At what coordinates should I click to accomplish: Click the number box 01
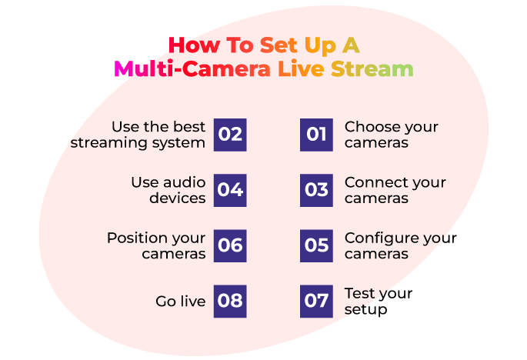(x=316, y=135)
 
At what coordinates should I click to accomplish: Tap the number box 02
(x=230, y=135)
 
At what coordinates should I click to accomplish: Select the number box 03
(x=316, y=190)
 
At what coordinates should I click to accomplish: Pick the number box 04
(x=230, y=190)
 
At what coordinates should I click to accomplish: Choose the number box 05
(x=316, y=245)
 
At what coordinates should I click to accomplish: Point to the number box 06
(x=230, y=245)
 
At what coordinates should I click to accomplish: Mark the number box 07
(x=316, y=302)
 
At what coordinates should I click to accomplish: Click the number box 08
(x=230, y=302)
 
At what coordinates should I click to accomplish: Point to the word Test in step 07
(x=359, y=293)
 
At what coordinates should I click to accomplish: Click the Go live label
(x=181, y=302)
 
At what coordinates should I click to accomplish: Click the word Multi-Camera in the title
(x=192, y=68)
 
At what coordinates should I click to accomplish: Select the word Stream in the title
(x=372, y=68)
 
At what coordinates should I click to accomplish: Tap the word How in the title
(x=195, y=45)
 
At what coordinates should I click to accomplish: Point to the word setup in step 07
(x=365, y=310)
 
